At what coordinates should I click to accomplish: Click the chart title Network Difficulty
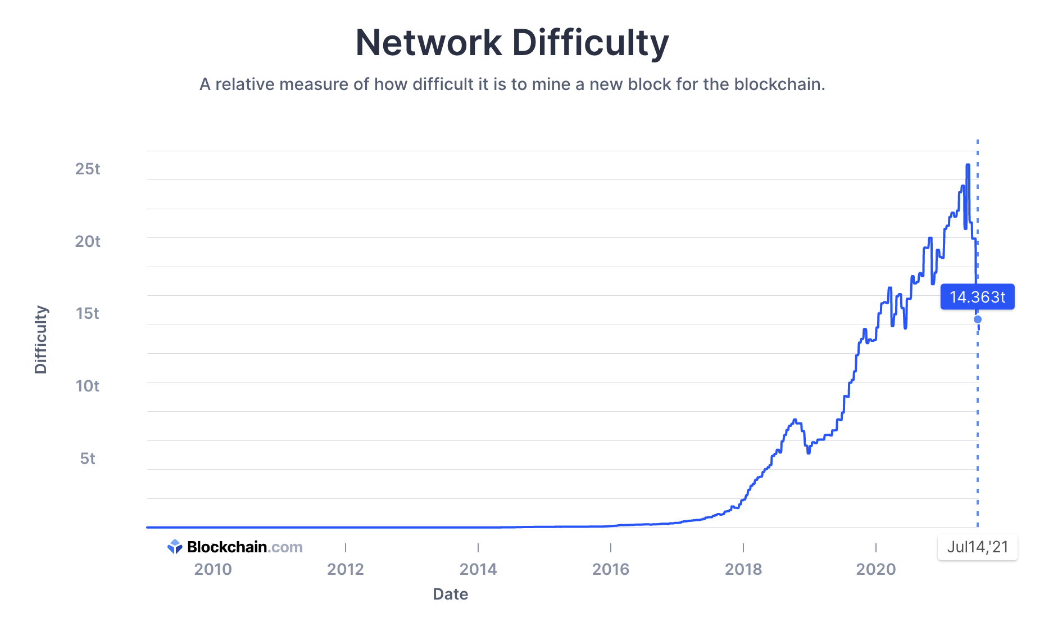coord(512,43)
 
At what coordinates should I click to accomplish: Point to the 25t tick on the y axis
coord(88,169)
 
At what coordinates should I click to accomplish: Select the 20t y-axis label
coord(88,241)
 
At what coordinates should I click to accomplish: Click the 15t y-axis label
coord(88,313)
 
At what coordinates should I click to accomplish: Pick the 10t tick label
coord(88,386)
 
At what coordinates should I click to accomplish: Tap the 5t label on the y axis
coord(88,458)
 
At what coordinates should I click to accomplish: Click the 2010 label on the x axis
coord(213,569)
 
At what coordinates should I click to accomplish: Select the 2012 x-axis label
coord(346,569)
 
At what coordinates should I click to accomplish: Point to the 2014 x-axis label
coord(478,569)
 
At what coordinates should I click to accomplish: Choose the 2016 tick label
coord(611,569)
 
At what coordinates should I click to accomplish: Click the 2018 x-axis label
coord(743,569)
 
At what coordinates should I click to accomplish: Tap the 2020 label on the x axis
coord(876,569)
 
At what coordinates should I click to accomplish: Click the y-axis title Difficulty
coord(41,340)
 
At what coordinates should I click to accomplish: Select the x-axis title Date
coord(450,594)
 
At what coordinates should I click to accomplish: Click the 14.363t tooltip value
coord(977,297)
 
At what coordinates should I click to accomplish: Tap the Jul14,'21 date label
coord(978,547)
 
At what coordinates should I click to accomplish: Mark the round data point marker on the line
coord(978,319)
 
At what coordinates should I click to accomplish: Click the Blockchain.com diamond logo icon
coord(175,547)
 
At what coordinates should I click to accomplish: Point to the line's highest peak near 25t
coord(968,165)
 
